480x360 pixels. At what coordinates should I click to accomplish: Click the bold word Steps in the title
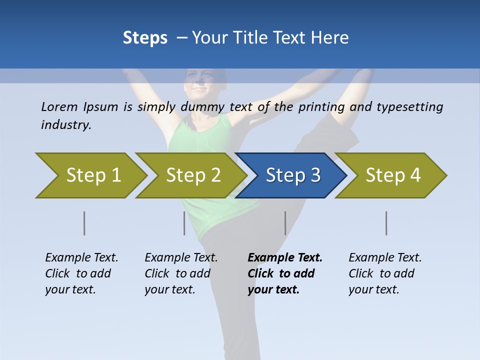coord(145,38)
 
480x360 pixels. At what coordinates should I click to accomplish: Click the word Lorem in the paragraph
coord(59,107)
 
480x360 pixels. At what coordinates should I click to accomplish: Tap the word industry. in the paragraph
coord(66,125)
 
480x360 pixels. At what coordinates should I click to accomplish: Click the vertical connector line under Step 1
coord(84,223)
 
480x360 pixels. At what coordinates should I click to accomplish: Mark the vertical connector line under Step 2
coord(184,223)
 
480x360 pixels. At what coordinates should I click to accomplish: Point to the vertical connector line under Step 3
coord(285,223)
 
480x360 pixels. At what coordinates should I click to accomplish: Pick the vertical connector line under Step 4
coord(386,223)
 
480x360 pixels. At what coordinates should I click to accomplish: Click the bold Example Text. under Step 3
coord(285,258)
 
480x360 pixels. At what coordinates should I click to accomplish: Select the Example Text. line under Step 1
coord(81,258)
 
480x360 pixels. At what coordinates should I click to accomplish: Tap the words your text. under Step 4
coord(373,290)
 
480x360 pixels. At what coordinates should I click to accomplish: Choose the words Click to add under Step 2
coord(177,274)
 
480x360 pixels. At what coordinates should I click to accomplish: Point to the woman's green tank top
coord(200,150)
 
